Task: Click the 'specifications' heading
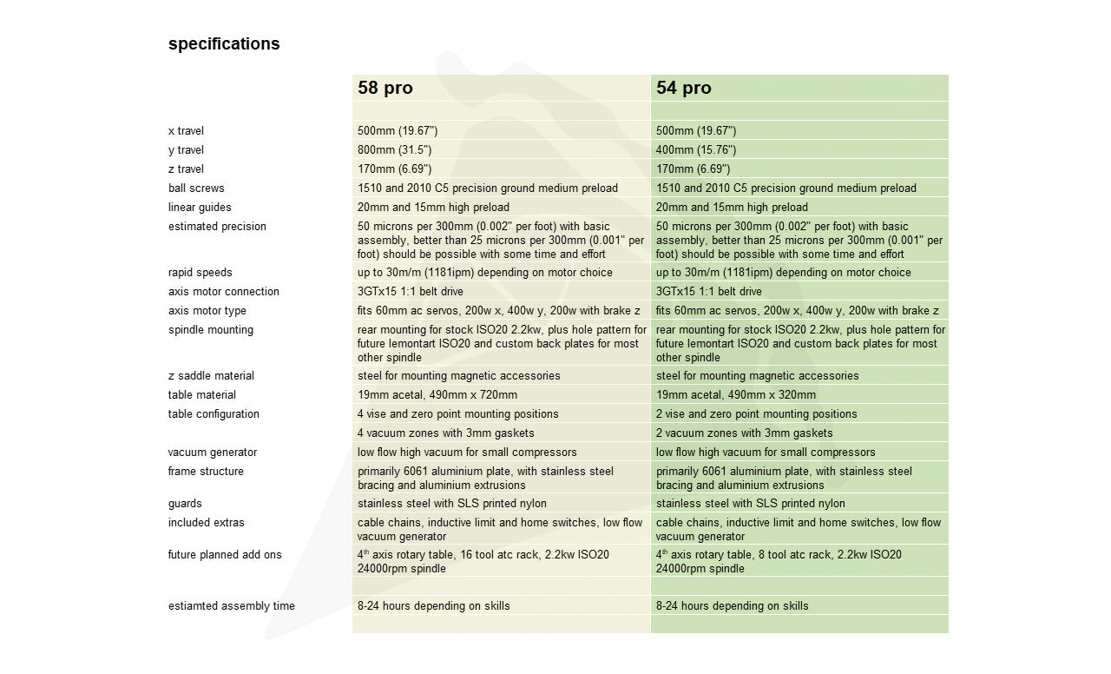coord(224,44)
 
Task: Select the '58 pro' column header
coord(385,88)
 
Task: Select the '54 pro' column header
coord(684,88)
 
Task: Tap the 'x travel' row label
coord(186,131)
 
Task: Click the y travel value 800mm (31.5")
coord(395,150)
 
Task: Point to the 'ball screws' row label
coord(196,188)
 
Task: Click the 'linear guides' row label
coord(200,208)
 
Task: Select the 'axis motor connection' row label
coord(224,292)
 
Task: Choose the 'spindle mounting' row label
coord(211,330)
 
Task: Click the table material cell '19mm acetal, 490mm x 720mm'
coord(437,395)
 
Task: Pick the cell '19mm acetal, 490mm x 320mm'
coord(736,395)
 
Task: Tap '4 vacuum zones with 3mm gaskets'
coord(446,433)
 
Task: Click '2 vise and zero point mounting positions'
coord(756,414)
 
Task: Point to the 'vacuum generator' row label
coord(213,453)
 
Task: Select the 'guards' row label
coord(185,504)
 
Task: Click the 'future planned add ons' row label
coord(225,555)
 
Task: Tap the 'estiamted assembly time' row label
coord(232,606)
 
